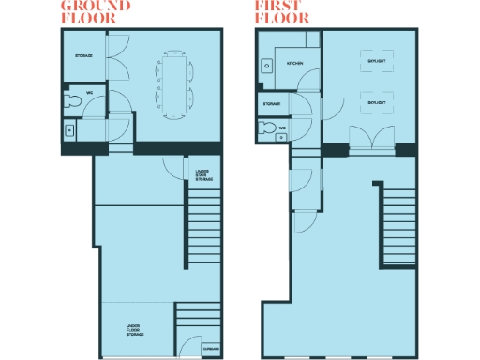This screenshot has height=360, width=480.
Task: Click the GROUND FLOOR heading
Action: [x=95, y=11]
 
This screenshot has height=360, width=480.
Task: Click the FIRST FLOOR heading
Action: [x=282, y=11]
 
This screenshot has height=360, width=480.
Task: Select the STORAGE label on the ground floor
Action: [x=83, y=57]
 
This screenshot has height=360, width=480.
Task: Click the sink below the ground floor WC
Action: [x=69, y=131]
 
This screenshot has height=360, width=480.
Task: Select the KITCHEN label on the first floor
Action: [x=295, y=63]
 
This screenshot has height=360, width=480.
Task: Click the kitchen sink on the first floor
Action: [x=266, y=66]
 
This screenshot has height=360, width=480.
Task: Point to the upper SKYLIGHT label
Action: [x=376, y=62]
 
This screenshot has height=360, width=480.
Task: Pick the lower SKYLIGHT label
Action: [x=376, y=101]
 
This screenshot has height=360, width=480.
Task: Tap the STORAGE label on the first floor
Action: [x=272, y=103]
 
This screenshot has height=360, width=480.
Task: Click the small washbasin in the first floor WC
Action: [x=282, y=138]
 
